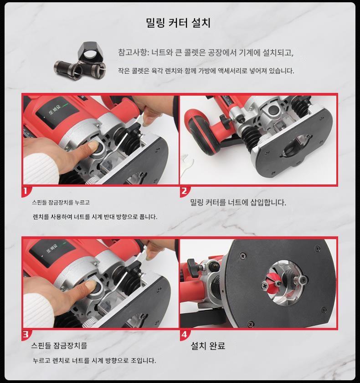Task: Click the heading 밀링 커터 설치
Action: pyautogui.click(x=178, y=23)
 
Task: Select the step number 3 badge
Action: pyautogui.click(x=26, y=335)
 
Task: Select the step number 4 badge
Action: pyautogui.click(x=184, y=335)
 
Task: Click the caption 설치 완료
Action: pyautogui.click(x=208, y=346)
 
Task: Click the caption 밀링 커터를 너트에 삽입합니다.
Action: pyautogui.click(x=238, y=203)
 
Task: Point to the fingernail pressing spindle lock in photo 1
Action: pyautogui.click(x=93, y=147)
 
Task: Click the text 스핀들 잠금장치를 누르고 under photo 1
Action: pyautogui.click(x=61, y=203)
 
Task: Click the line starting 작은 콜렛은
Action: pyautogui.click(x=206, y=71)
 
